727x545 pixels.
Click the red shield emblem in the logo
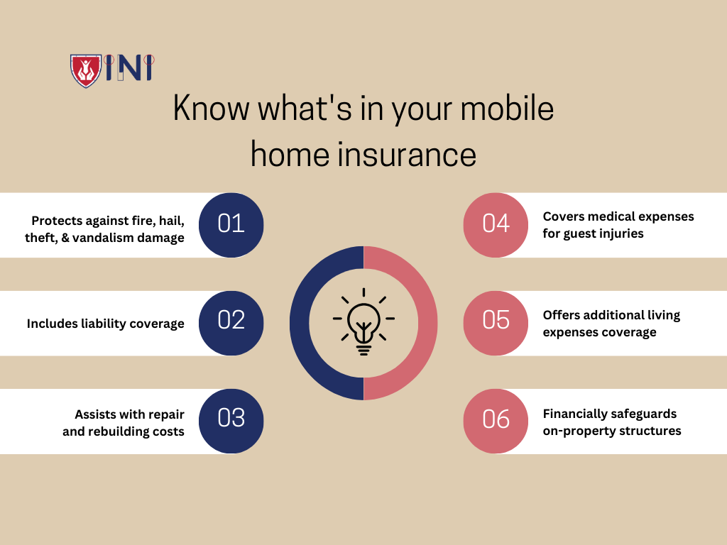(x=85, y=70)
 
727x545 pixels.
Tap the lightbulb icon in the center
(x=363, y=321)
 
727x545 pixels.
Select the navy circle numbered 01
(x=231, y=224)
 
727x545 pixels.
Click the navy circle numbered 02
(x=231, y=323)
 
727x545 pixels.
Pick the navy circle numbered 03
(x=231, y=421)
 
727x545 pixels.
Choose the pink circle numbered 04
(x=496, y=224)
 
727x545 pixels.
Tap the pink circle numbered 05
(x=496, y=323)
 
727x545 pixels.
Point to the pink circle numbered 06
(x=496, y=421)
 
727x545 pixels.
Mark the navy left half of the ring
(x=302, y=323)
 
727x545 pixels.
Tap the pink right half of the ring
(x=425, y=323)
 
